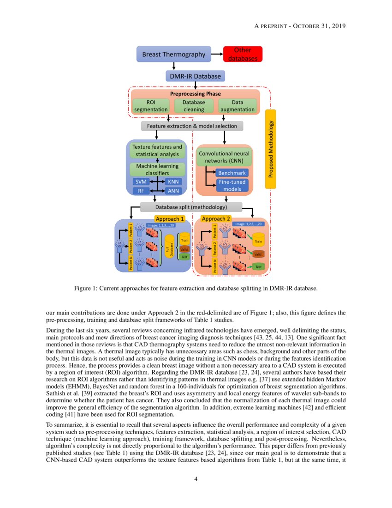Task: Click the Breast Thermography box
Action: tap(173, 54)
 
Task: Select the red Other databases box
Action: tap(243, 54)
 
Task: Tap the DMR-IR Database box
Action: tap(195, 76)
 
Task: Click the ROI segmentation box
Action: tap(151, 106)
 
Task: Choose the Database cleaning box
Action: tap(194, 106)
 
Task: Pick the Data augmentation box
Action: tap(237, 106)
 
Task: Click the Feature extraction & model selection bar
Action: tap(192, 126)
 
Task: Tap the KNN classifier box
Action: tap(173, 181)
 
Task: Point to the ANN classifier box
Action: tap(173, 190)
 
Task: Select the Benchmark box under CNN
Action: tap(232, 173)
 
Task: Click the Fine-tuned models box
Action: tap(232, 185)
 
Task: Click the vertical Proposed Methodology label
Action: tap(271, 149)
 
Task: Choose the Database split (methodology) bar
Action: tap(191, 207)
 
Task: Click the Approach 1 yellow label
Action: tap(170, 218)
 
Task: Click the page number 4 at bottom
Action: tap(196, 479)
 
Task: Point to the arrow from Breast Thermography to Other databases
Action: tap(217, 54)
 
